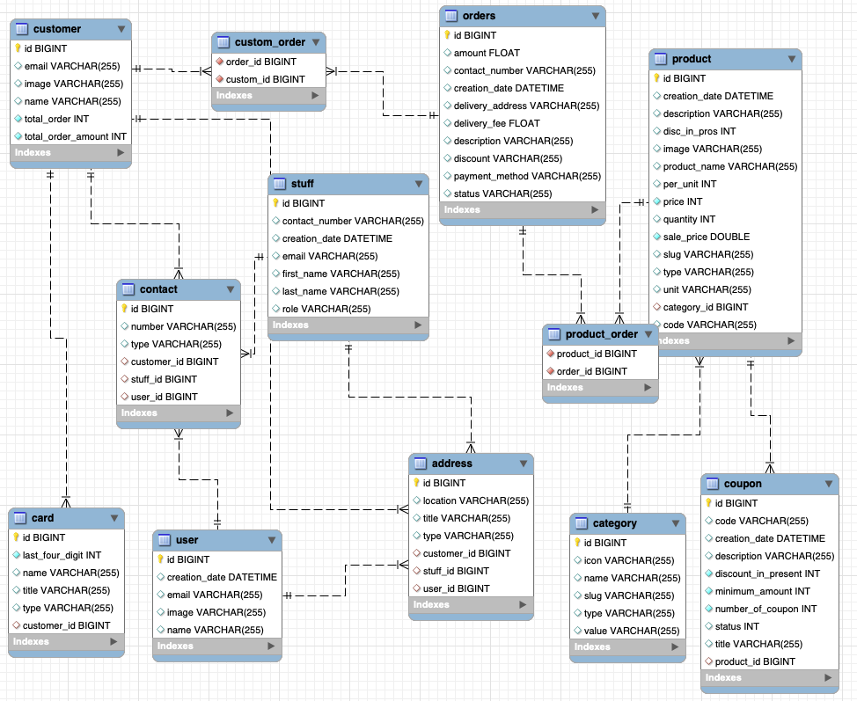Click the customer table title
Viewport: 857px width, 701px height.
(57, 29)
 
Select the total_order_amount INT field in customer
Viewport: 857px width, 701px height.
(75, 136)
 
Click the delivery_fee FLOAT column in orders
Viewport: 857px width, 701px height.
(496, 123)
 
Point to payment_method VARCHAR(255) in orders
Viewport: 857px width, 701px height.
(527, 176)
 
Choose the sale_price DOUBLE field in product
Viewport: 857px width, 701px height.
(707, 237)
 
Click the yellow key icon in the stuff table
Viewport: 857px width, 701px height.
(275, 203)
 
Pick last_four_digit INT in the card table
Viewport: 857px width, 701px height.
(62, 555)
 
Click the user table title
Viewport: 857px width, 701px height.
(187, 540)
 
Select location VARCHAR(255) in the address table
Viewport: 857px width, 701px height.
(475, 500)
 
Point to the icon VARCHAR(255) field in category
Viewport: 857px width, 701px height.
(629, 560)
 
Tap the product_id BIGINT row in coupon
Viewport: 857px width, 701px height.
(754, 661)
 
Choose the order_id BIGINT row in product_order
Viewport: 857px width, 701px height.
(592, 371)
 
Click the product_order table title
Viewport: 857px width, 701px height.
(601, 334)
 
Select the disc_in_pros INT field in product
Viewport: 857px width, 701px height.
(700, 131)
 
